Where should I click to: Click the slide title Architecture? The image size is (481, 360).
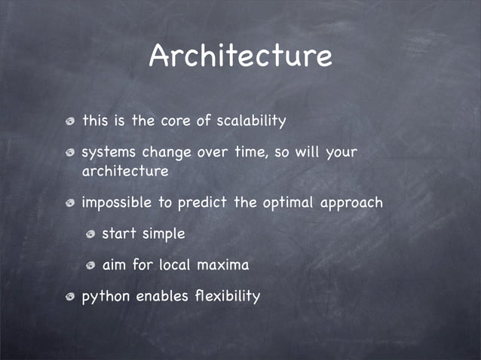pos(240,56)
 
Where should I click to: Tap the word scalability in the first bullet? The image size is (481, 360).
pos(252,121)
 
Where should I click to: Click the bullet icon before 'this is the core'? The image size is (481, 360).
pos(69,121)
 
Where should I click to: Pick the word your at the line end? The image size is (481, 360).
pos(341,153)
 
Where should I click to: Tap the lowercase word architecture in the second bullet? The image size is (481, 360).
pos(124,172)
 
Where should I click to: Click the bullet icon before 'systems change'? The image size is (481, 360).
pos(69,154)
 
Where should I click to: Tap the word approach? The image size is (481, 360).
pos(353,203)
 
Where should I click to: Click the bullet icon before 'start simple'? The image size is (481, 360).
pos(90,235)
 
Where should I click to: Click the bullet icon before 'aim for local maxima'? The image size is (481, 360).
pos(90,266)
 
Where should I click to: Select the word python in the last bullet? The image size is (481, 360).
pos(106,297)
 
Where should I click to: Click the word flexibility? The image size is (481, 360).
pos(229,296)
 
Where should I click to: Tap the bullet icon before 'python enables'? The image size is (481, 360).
pos(69,297)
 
